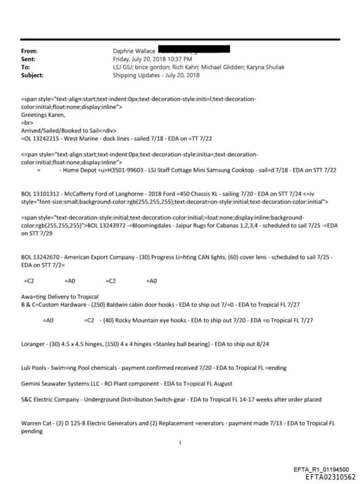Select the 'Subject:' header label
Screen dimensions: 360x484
pyautogui.click(x=33, y=75)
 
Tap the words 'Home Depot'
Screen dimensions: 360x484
pyautogui.click(x=84, y=170)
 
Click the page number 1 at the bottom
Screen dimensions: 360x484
pyautogui.click(x=180, y=442)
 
